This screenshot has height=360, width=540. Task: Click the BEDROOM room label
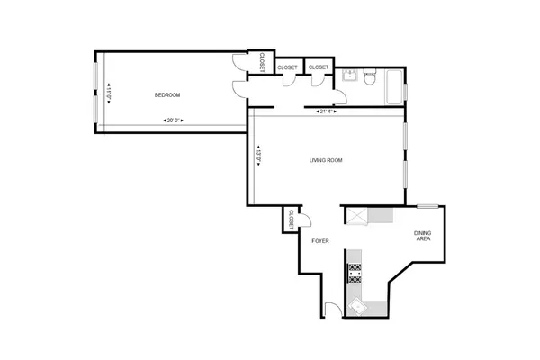pyautogui.click(x=167, y=95)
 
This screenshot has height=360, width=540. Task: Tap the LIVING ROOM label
pyautogui.click(x=326, y=161)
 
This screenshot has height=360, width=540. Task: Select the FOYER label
pyautogui.click(x=320, y=241)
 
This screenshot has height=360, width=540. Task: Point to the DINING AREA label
pyautogui.click(x=422, y=237)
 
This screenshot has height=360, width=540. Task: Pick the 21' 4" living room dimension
pyautogui.click(x=327, y=112)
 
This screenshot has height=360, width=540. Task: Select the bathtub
pyautogui.click(x=393, y=89)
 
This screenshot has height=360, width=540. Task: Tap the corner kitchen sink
pyautogui.click(x=357, y=306)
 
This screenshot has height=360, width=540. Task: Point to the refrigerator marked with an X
pyautogui.click(x=356, y=216)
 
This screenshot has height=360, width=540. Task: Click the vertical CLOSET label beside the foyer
pyautogui.click(x=292, y=219)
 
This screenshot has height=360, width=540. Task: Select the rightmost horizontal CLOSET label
pyautogui.click(x=319, y=67)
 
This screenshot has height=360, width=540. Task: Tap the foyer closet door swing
pyautogui.click(x=305, y=219)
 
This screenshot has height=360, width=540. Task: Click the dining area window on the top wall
pyautogui.click(x=427, y=206)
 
